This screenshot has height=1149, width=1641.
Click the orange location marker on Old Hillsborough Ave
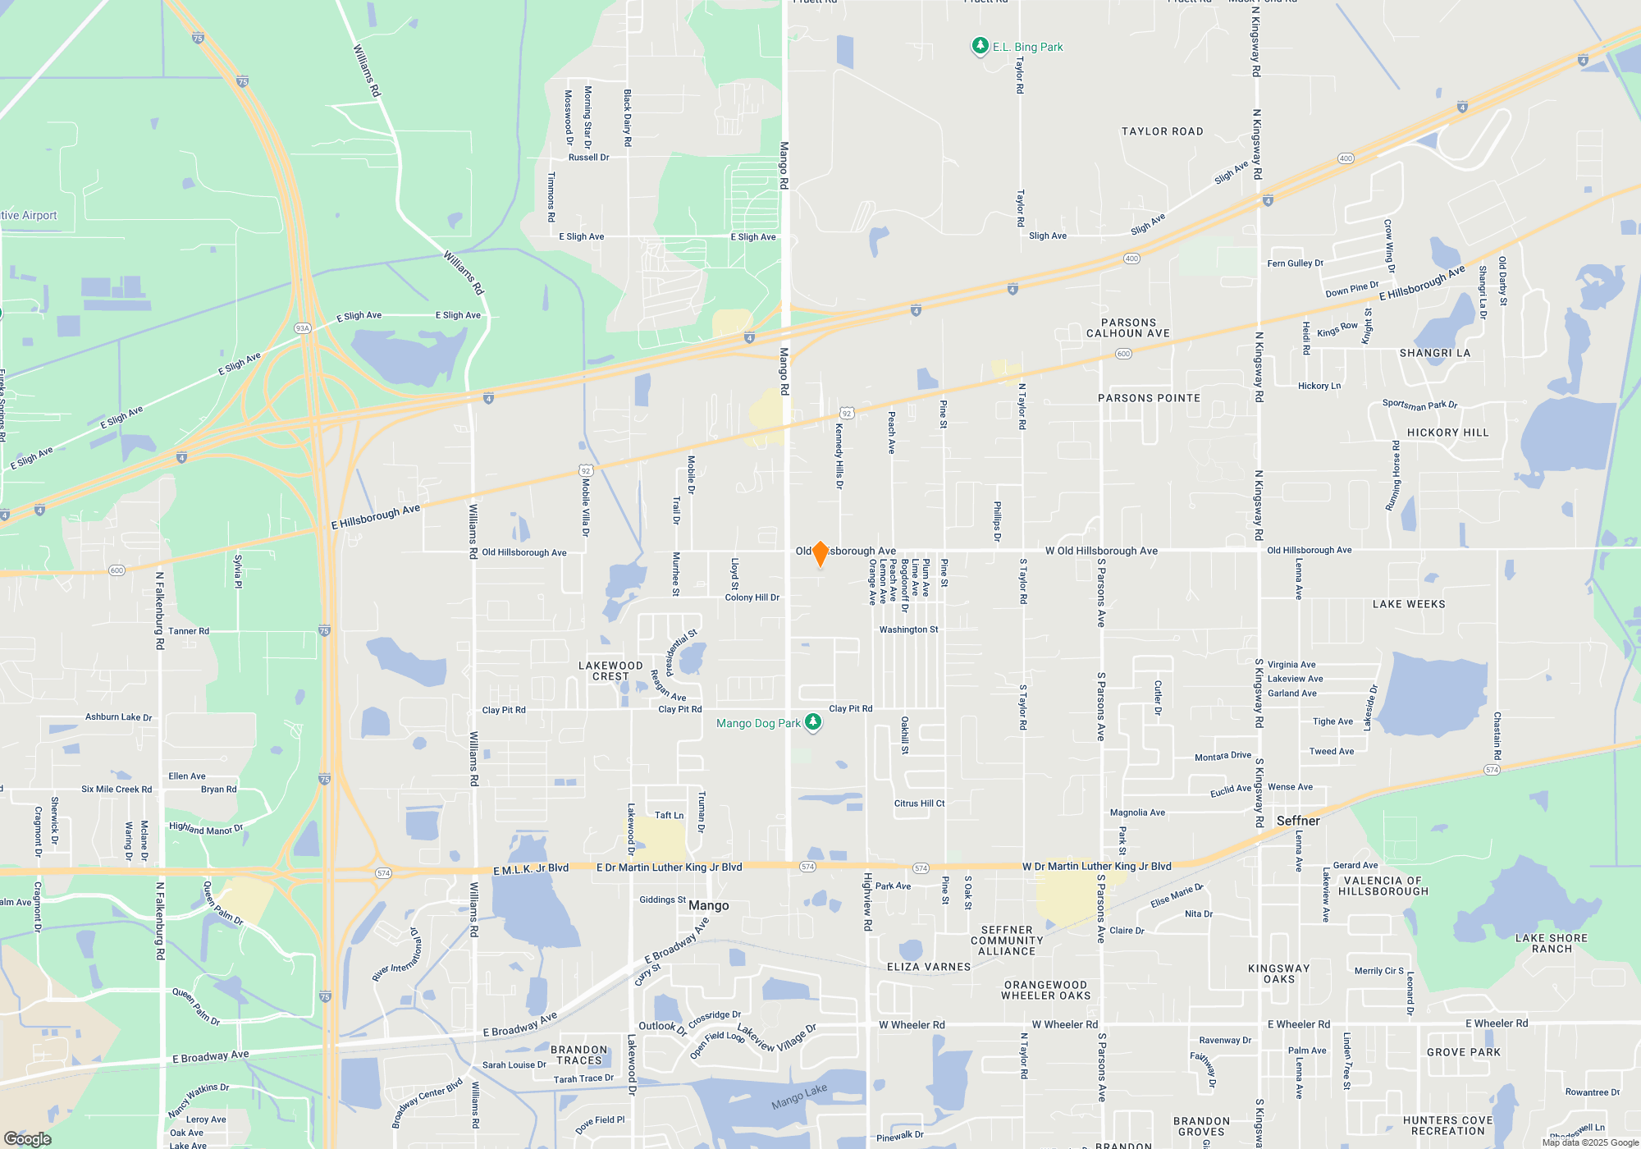pos(820,553)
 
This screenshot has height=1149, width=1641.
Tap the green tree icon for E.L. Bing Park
pos(980,46)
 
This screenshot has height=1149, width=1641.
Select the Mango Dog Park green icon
pos(813,721)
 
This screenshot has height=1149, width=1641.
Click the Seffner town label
pos(1298,821)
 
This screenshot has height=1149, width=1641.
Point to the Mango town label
pos(708,905)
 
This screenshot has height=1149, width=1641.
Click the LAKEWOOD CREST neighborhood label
pos(610,671)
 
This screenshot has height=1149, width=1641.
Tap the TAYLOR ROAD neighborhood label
pos(1162,131)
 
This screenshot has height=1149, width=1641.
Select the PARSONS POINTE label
pos(1149,398)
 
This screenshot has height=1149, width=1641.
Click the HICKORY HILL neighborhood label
pos(1447,433)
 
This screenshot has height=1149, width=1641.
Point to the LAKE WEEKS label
pos(1409,604)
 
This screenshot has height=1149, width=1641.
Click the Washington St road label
pos(908,629)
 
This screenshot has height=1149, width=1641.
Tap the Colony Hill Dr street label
pos(752,597)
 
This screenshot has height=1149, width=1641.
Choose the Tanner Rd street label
pos(189,631)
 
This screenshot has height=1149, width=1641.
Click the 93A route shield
pos(303,328)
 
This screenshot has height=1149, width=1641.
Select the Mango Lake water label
pos(799,1096)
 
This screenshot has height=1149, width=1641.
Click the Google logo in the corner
pos(27,1138)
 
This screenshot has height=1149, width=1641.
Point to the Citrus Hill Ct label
pos(919,803)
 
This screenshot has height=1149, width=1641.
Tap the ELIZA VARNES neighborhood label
pos(929,967)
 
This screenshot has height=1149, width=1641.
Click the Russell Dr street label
pos(588,158)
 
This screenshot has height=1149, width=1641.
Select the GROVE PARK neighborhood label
pos(1463,1052)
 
